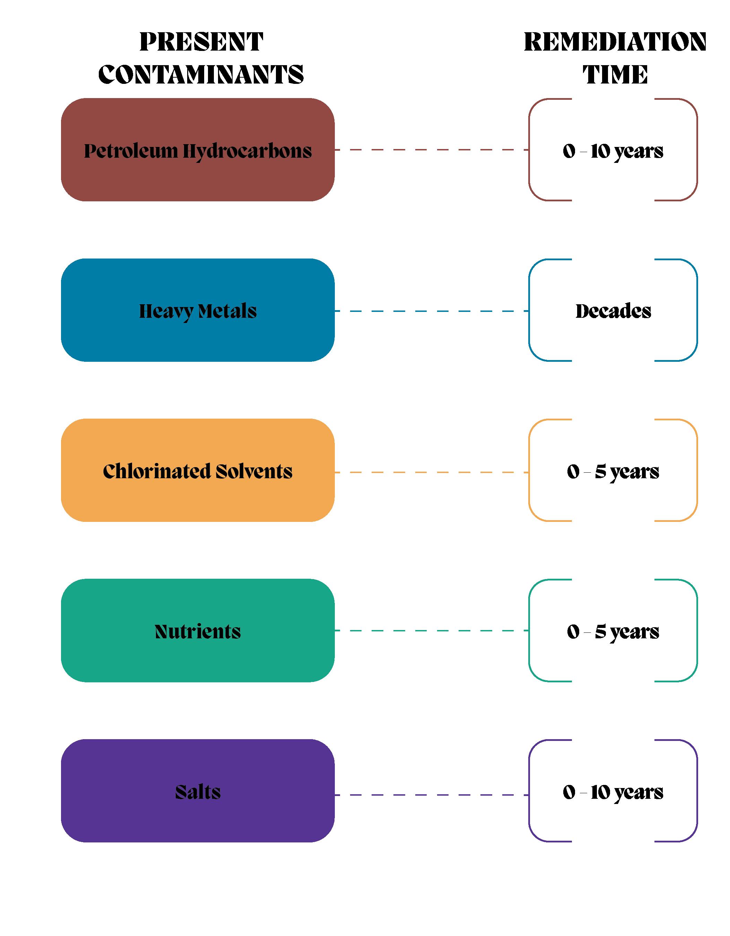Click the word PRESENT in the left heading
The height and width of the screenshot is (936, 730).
coord(201,42)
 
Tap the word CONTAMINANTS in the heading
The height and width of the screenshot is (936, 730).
coord(201,75)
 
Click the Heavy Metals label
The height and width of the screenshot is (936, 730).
coord(198,311)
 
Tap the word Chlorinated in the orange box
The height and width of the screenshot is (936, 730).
coord(156,471)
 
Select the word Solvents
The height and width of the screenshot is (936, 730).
coord(254,471)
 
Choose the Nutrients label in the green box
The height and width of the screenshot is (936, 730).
coord(198,632)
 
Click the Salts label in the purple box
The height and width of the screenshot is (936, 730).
coord(198,792)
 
